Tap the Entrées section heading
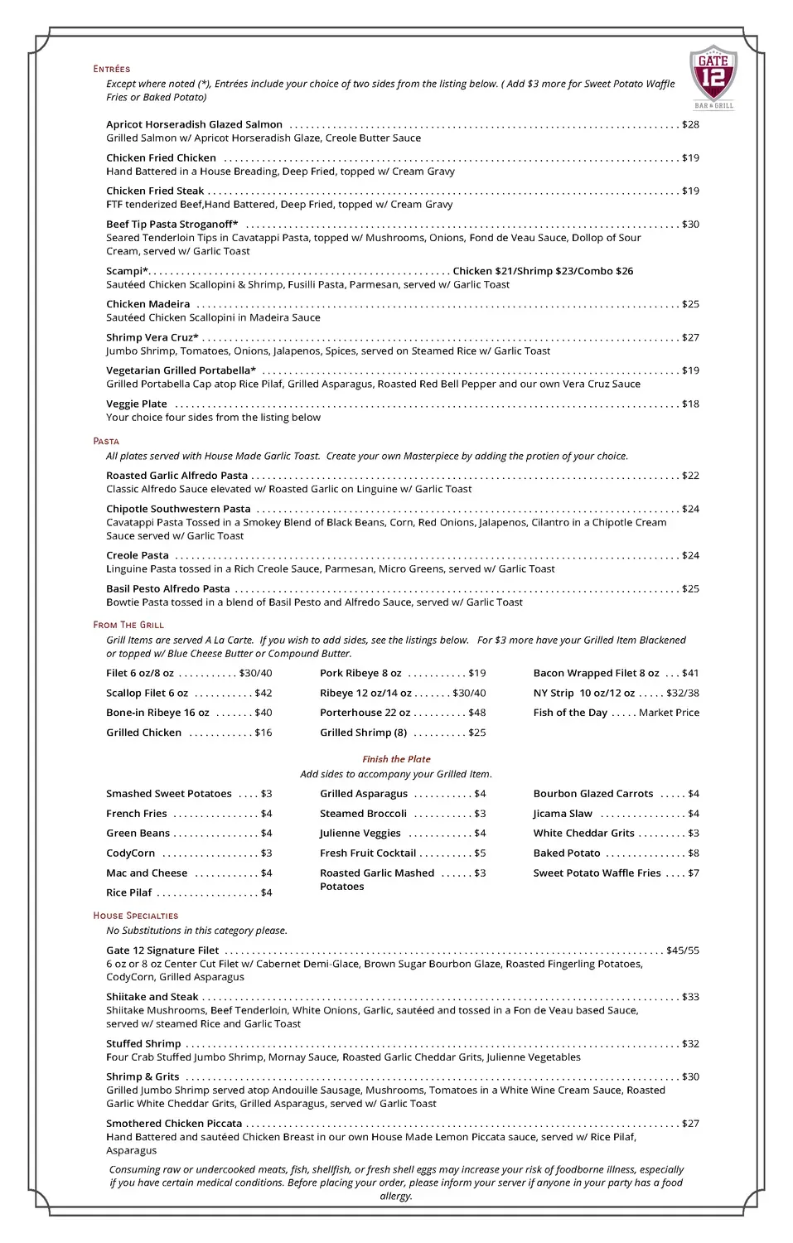point(112,69)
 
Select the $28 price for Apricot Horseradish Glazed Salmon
point(690,124)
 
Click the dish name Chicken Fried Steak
point(155,191)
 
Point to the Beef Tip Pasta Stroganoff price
point(690,224)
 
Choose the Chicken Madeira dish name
point(148,304)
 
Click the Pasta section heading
point(106,441)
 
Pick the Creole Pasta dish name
point(138,555)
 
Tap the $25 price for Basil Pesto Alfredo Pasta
point(690,588)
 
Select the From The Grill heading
point(128,625)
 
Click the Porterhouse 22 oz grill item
point(365,713)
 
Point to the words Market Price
point(669,713)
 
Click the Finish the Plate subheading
point(396,759)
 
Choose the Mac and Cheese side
point(147,873)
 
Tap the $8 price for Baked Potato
point(694,853)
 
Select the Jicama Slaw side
point(563,814)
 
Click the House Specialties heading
point(136,916)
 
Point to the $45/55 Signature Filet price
point(683,950)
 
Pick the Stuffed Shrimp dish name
point(143,1043)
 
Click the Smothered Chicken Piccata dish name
point(174,1124)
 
